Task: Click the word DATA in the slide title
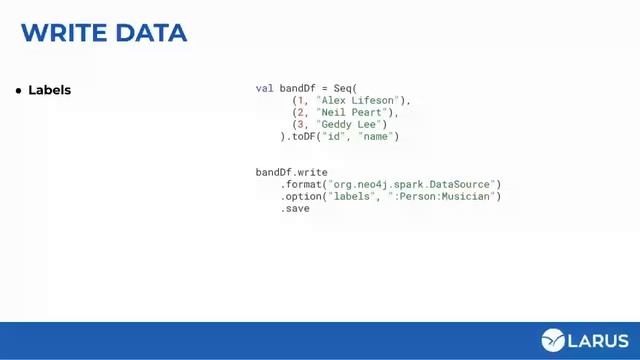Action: click(151, 32)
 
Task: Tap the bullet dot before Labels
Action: click(18, 91)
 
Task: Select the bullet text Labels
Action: click(50, 90)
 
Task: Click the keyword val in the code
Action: click(264, 88)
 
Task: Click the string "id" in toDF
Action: click(336, 136)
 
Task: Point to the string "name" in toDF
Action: click(375, 136)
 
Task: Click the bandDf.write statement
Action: click(291, 172)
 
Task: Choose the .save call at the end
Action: click(295, 208)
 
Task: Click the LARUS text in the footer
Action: click(598, 340)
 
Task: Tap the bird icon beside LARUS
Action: click(553, 340)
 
